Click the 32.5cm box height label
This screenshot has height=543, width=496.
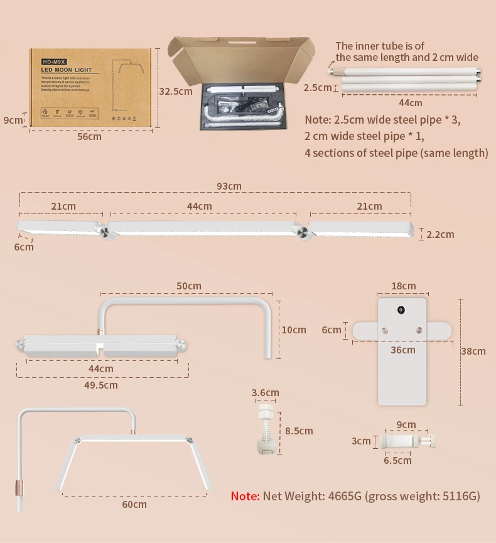click(x=176, y=91)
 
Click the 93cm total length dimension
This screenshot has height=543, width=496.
click(x=229, y=186)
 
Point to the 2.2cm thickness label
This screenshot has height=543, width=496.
click(x=440, y=235)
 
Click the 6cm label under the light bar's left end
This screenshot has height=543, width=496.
click(x=24, y=247)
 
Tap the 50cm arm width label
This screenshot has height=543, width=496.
click(x=188, y=286)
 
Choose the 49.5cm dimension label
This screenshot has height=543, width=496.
click(x=102, y=385)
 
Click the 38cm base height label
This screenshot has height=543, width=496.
click(x=473, y=351)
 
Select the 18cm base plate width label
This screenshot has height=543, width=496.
click(x=403, y=286)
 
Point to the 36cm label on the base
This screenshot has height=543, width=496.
click(x=403, y=350)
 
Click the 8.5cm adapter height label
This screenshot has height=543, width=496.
click(x=299, y=431)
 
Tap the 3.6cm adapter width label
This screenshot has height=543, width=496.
click(x=265, y=393)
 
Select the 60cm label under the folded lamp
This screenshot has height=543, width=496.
click(x=134, y=504)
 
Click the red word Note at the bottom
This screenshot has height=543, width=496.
click(x=245, y=496)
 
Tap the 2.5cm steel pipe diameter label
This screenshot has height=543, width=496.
click(x=317, y=87)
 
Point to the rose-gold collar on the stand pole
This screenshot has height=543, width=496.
click(x=18, y=488)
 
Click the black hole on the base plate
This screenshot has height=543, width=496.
click(x=399, y=309)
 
